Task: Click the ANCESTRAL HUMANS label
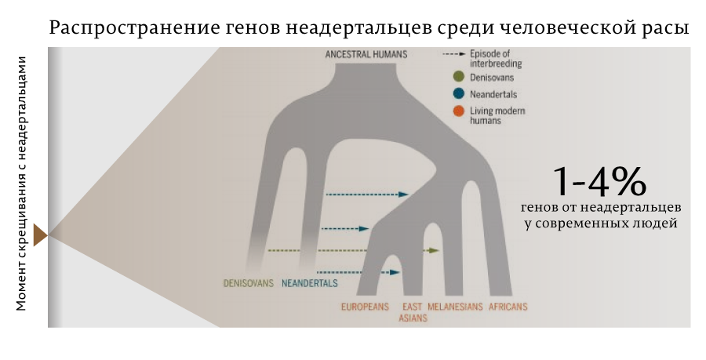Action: pos(366,54)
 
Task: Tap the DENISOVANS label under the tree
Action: pos(249,283)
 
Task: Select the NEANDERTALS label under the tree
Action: pos(309,283)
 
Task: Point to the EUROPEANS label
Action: pos(365,307)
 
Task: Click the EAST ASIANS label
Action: pos(413,312)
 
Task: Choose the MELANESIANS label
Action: pos(455,307)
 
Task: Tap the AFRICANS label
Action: pos(508,307)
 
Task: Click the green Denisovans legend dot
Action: pos(458,77)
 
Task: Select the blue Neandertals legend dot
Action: pos(458,94)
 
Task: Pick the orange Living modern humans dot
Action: pos(458,111)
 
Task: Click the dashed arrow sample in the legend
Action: pos(454,54)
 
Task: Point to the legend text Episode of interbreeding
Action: pos(496,59)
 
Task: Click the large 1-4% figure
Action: pos(599,182)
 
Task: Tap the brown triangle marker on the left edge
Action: pos(41,235)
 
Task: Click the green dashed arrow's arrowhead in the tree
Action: pos(434,250)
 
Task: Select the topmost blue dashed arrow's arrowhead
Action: pos(403,195)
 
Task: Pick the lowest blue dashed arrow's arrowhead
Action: pos(395,272)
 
